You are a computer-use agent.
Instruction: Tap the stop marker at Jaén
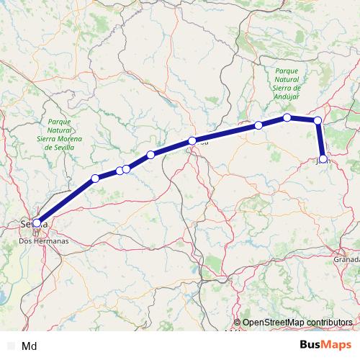pyautogui.click(x=323, y=159)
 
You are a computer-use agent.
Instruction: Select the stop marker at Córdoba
pyautogui.click(x=192, y=141)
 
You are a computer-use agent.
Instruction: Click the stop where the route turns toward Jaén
pyautogui.click(x=318, y=120)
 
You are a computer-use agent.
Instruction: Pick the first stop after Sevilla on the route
pyautogui.click(x=95, y=179)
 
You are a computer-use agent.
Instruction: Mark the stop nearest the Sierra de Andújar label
pyautogui.click(x=287, y=117)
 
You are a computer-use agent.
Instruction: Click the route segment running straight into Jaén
pyautogui.click(x=320, y=140)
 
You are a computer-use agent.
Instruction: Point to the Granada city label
pyautogui.click(x=346, y=258)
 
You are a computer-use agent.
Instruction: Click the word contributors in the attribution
pyautogui.click(x=328, y=322)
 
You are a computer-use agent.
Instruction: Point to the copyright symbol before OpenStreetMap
pyautogui.click(x=237, y=322)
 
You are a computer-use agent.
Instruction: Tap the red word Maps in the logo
pyautogui.click(x=334, y=344)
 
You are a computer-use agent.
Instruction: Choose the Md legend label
pyautogui.click(x=30, y=346)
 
